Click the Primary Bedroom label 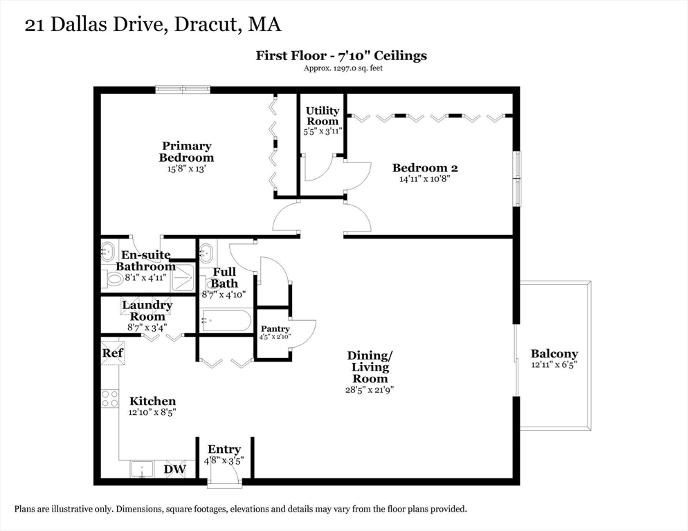coord(186,151)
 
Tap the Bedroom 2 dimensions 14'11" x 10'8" coord(425,179)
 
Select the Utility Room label coord(323,115)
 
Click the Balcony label coord(554,353)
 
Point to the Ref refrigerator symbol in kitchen coord(113,353)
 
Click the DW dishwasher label coord(174,469)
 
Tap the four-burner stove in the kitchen coord(110,398)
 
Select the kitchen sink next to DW coord(142,469)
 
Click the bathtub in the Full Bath coord(225,321)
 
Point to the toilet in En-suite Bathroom coord(113,279)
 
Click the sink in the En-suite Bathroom coord(107,252)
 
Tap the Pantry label coord(275,328)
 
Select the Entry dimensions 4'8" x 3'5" coord(224,461)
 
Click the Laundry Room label coord(147,310)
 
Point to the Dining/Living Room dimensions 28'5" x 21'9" coord(370,389)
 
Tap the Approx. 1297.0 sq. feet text coord(343,68)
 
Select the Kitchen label coord(152,401)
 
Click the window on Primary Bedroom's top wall coord(183,90)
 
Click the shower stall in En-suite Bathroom coord(182,277)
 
